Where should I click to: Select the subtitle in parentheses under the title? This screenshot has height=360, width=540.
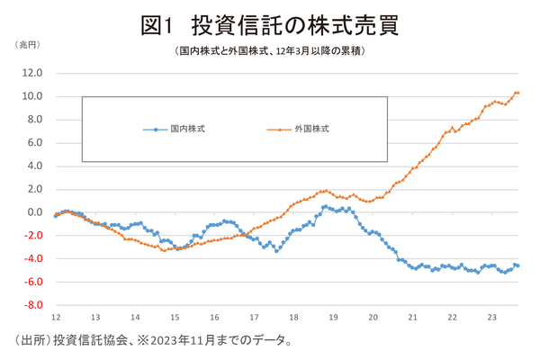270,52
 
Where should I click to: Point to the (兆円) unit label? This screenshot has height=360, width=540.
25,46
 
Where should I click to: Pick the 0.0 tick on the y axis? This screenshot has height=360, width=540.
35,212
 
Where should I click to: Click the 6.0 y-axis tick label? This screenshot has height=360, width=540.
35,142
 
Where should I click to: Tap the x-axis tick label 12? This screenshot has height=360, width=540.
55,318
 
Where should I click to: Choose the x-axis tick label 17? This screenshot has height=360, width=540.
255,318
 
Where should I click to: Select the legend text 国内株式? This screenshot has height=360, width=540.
188,130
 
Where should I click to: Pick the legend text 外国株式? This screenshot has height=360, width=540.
311,130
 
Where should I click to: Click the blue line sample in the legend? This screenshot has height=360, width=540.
156,130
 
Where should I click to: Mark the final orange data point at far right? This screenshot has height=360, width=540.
517,93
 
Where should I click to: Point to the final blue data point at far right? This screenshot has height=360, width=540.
517,265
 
